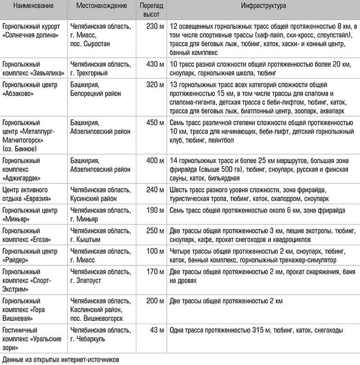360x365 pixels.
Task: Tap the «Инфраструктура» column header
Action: click(x=263, y=8)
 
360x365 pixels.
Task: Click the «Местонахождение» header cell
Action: click(x=101, y=8)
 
